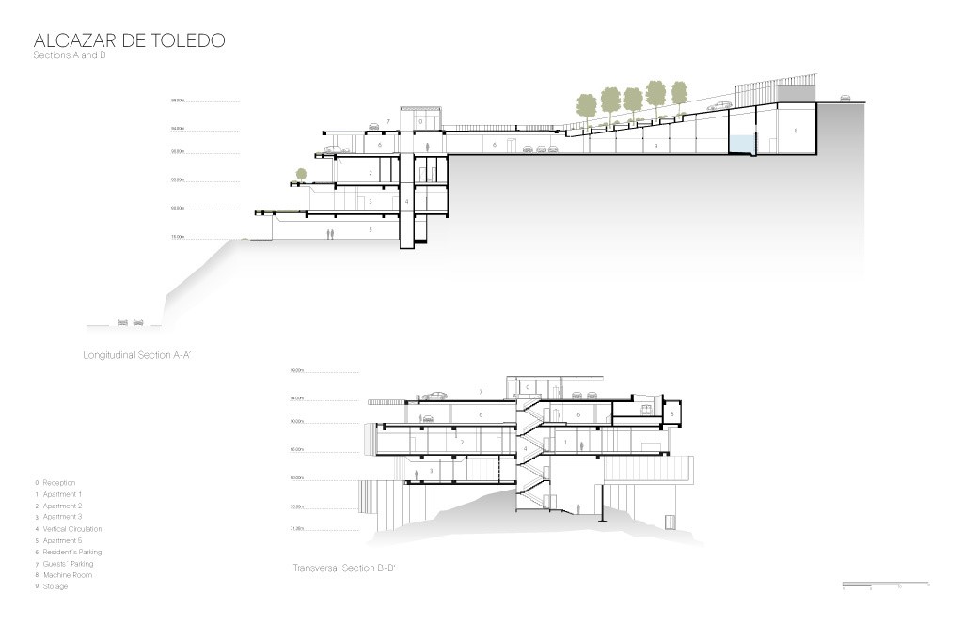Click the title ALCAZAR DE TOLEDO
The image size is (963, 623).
click(x=129, y=40)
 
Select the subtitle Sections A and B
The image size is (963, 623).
click(x=71, y=57)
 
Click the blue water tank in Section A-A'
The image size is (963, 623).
click(x=741, y=142)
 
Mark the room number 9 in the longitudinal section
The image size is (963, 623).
click(x=655, y=147)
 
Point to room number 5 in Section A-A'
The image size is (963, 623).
click(x=370, y=229)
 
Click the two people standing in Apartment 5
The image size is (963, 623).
click(x=329, y=233)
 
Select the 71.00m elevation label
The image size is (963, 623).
click(x=297, y=529)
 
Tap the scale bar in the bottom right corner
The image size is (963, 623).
click(x=885, y=585)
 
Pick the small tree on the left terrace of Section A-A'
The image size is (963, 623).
click(x=301, y=175)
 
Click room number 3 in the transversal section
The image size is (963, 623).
click(x=431, y=471)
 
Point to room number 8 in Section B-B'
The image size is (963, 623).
click(x=672, y=413)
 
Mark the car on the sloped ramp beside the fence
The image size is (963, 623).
click(x=722, y=105)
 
